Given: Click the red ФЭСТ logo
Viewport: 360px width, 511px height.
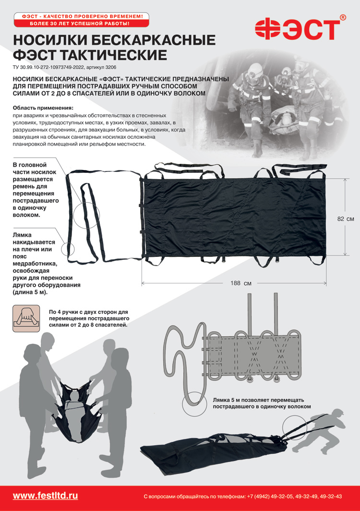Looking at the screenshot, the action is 297,29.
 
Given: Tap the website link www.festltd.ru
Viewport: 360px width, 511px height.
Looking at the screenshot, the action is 45,496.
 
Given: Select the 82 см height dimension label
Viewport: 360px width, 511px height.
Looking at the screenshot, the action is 345,219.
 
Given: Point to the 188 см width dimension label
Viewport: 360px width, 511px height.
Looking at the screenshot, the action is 241,283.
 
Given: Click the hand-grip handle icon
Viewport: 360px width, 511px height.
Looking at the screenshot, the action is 26,318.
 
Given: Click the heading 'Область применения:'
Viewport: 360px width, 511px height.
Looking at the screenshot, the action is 43,108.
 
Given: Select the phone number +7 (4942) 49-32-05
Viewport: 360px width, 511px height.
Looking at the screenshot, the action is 270,496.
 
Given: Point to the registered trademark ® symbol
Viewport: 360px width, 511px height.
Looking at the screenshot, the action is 342,17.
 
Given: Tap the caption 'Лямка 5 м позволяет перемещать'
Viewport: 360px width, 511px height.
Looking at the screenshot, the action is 258,400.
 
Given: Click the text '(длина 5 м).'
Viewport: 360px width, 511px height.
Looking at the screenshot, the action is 30,292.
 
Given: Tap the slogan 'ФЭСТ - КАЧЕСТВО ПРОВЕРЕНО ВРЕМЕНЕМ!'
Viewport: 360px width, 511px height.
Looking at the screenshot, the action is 82,16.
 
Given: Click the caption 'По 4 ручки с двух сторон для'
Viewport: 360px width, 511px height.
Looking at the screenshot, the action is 88,312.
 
